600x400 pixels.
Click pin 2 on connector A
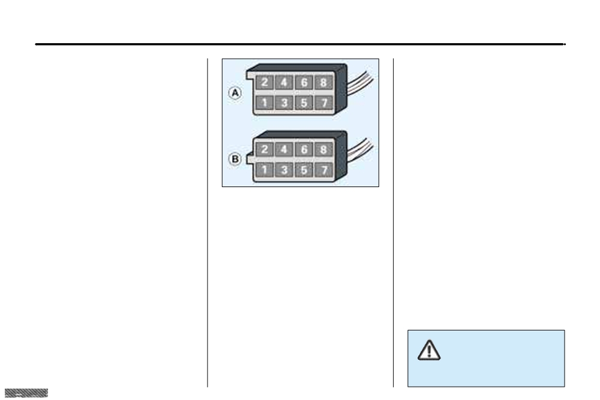tap(265, 82)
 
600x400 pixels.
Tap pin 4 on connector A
tap(284, 82)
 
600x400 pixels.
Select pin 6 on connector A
tap(304, 82)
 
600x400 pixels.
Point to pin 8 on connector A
tap(324, 82)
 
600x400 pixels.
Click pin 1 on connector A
tap(265, 103)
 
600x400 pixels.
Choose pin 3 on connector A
tap(284, 103)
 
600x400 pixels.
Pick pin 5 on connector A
tap(304, 103)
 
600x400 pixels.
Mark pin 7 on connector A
tap(324, 103)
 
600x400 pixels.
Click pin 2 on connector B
tap(265, 149)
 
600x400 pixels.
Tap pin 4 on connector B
tap(284, 149)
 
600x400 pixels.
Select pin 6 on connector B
tap(304, 149)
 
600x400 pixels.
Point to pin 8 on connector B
tap(324, 149)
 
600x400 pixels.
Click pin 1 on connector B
tap(265, 170)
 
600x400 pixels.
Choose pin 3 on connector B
tap(284, 170)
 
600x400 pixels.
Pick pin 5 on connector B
tap(304, 170)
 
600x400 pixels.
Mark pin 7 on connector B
tap(324, 170)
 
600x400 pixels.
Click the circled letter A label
tap(235, 93)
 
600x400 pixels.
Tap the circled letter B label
tap(235, 159)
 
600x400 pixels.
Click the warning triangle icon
tap(429, 350)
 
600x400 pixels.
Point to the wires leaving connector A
tap(359, 82)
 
